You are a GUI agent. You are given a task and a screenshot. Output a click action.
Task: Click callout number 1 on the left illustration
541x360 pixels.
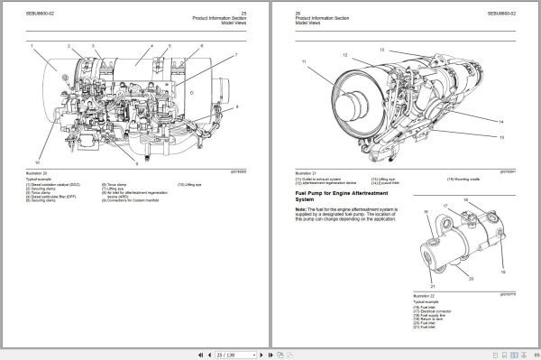pyautogui.click(x=32, y=46)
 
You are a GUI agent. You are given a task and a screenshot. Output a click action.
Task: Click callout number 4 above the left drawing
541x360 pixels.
pyautogui.click(x=151, y=45)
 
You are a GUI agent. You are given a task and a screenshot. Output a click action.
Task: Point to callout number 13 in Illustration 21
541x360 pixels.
pyautogui.click(x=381, y=49)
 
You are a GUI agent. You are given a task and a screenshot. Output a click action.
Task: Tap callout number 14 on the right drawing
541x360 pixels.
pyautogui.click(x=502, y=120)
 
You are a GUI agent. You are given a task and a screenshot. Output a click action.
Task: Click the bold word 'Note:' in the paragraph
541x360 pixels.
pyautogui.click(x=301, y=209)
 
